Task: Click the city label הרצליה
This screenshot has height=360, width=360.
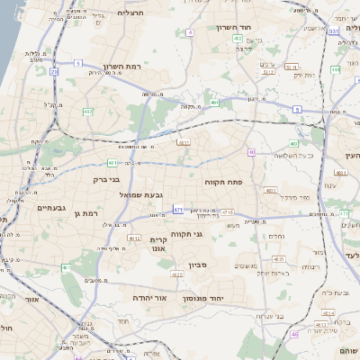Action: pyautogui.click(x=130, y=13)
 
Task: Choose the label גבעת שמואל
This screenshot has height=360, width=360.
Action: pyautogui.click(x=140, y=194)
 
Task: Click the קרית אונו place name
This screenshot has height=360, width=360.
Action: pyautogui.click(x=159, y=246)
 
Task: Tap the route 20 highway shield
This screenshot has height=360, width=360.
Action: pyautogui.click(x=54, y=71)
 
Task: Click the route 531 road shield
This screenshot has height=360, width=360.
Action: pyautogui.click(x=333, y=31)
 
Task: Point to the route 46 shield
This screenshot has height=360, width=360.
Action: pyautogui.click(x=293, y=335)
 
